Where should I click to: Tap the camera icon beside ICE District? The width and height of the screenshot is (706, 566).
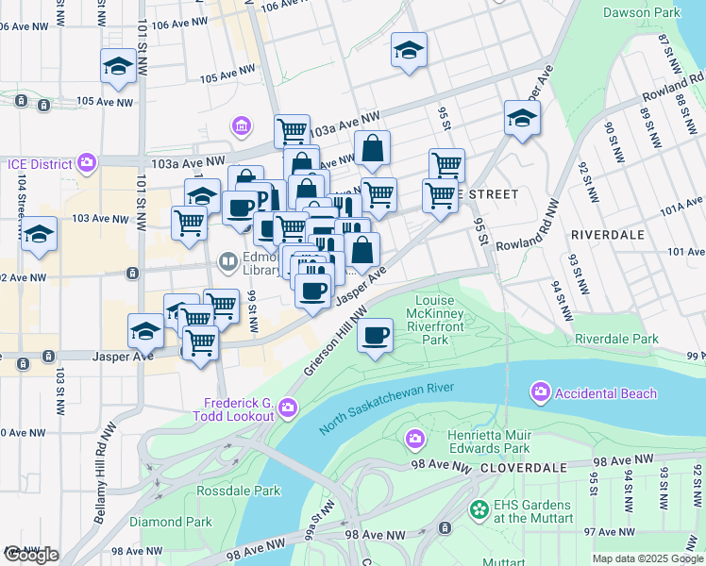[x=88, y=163]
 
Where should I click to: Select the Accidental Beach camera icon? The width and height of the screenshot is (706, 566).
[x=541, y=391]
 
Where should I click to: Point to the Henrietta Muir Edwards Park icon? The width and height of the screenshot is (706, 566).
[x=414, y=438]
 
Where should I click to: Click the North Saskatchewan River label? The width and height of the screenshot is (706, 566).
[x=387, y=408]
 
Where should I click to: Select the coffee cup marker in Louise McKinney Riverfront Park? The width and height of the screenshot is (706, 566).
[x=375, y=336]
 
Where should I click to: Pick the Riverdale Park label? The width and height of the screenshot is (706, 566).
[x=616, y=338]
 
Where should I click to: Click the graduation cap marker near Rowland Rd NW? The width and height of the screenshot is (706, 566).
[x=521, y=118]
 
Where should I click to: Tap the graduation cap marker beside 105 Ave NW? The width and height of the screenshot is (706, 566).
[x=119, y=66]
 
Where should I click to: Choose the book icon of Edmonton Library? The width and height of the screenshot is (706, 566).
[x=227, y=260]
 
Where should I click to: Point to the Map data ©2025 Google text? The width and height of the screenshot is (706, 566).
[x=647, y=558]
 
